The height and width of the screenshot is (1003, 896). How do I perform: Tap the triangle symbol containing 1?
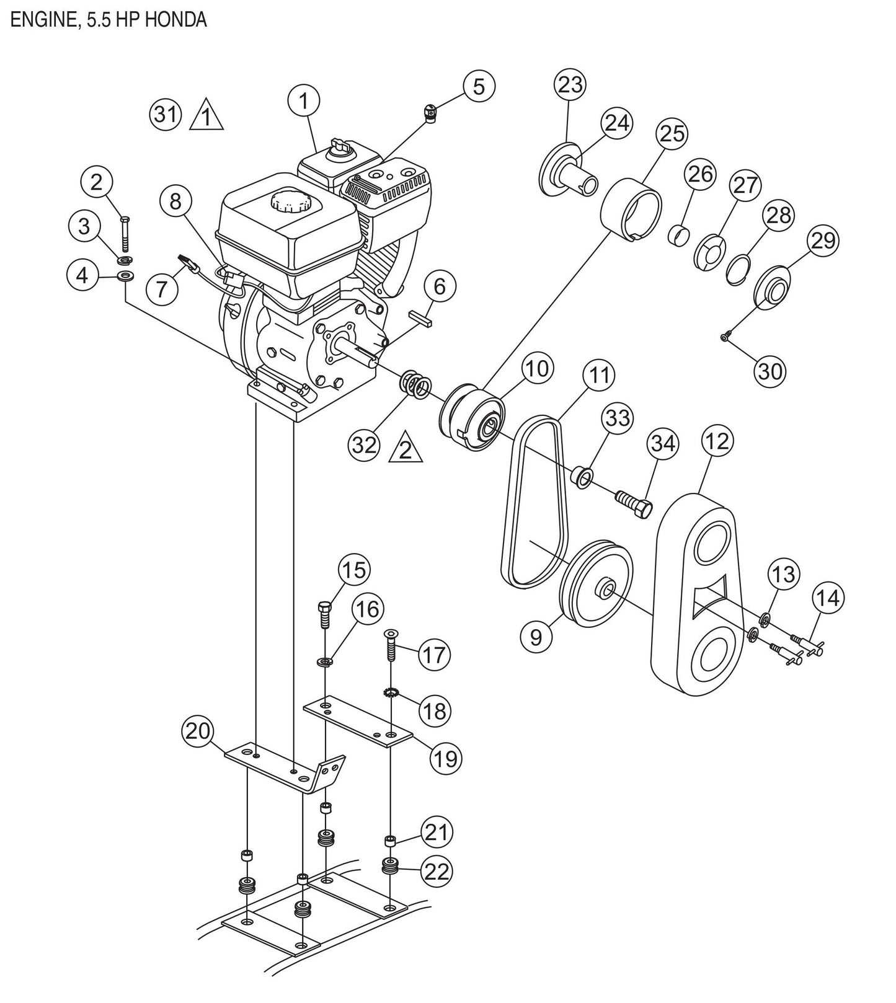(206, 117)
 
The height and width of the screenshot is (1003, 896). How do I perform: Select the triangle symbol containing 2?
(405, 449)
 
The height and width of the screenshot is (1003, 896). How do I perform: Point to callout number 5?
(478, 86)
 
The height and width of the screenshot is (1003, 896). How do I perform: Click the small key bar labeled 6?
(424, 319)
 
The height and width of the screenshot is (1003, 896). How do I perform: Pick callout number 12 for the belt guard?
(717, 441)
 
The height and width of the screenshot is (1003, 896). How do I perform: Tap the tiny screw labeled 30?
(724, 337)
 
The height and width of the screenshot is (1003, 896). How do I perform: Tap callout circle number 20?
(197, 732)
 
